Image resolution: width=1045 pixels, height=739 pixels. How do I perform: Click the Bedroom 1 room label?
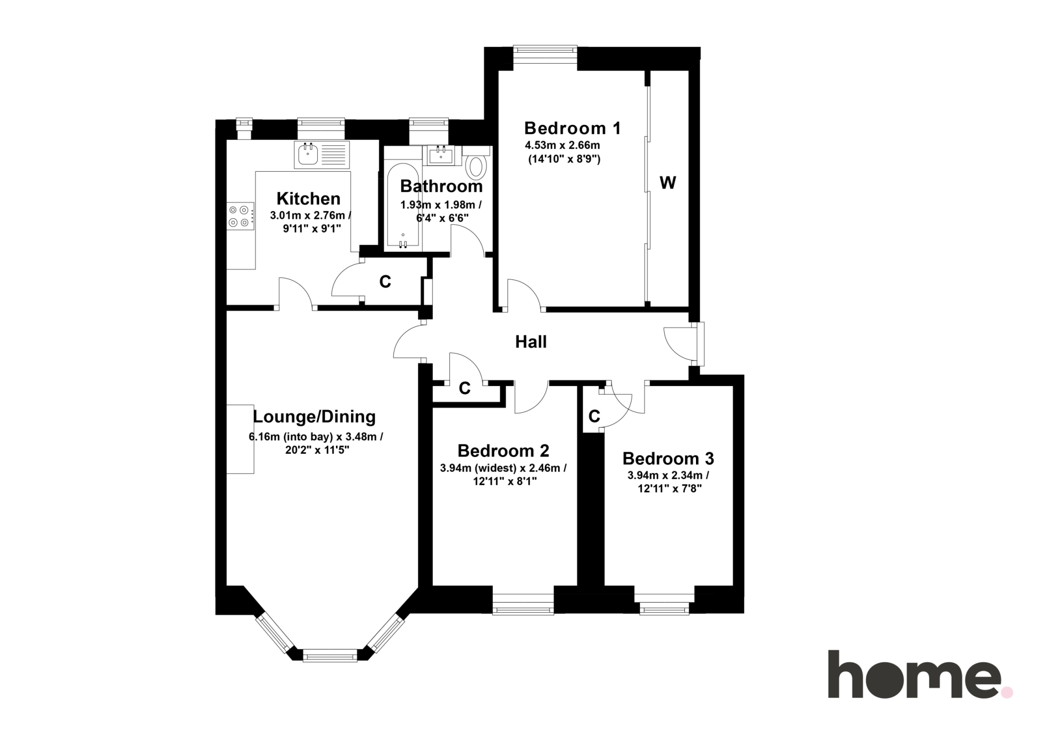tap(573, 128)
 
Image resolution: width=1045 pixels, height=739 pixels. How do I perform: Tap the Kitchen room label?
tap(308, 198)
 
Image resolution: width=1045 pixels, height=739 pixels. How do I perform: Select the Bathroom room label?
tap(442, 186)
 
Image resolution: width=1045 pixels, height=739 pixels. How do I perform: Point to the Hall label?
tap(531, 342)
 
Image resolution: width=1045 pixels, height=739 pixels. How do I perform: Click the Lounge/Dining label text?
tap(315, 417)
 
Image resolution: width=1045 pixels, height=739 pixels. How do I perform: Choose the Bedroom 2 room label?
tap(503, 450)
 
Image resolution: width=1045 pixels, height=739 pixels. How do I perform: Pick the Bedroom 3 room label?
tap(668, 459)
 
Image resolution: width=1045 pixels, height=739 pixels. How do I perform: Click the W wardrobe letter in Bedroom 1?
tap(668, 183)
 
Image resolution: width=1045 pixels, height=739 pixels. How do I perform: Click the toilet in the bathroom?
tap(476, 163)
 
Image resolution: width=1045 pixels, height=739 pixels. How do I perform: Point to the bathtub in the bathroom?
tap(403, 207)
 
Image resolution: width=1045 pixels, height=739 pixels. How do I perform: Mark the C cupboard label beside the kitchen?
tap(385, 282)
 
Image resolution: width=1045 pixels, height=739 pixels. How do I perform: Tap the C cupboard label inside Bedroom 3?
tap(594, 416)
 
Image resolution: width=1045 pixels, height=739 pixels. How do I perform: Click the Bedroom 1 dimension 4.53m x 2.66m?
tap(562, 145)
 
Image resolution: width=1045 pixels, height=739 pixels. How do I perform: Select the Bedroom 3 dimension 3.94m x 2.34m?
tap(668, 476)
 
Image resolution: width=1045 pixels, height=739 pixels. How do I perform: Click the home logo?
tap(920, 674)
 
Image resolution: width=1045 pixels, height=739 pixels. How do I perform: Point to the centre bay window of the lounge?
tap(330, 655)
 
